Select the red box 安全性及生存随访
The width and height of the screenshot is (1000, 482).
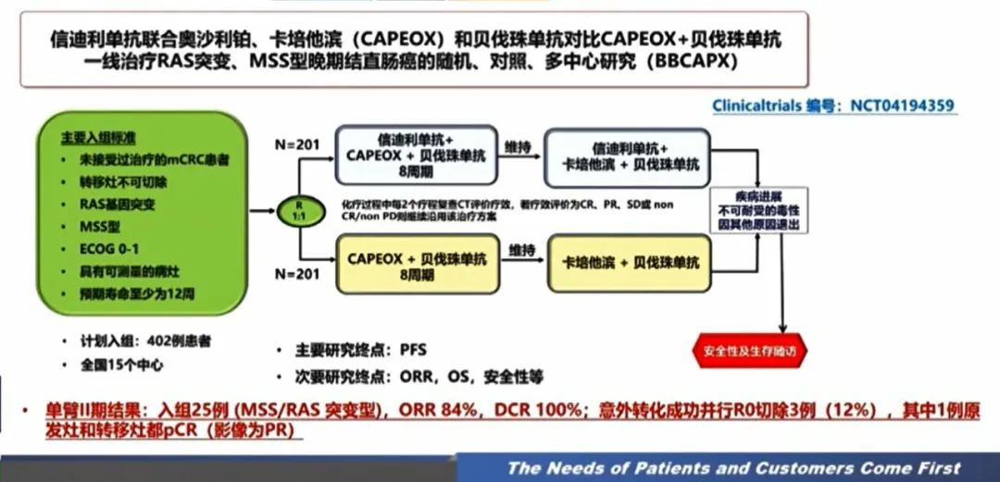(x=749, y=352)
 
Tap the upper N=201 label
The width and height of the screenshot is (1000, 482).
(x=296, y=144)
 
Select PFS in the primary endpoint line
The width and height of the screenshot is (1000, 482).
(x=413, y=351)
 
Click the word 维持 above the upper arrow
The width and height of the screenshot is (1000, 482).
(x=518, y=145)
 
